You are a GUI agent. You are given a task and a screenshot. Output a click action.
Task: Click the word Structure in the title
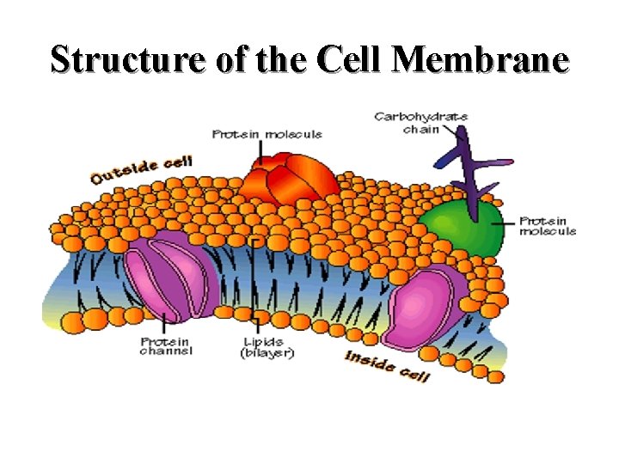[116, 60]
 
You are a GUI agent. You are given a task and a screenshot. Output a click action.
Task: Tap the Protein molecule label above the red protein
[267, 134]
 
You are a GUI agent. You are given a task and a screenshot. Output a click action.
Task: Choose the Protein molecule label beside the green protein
[548, 226]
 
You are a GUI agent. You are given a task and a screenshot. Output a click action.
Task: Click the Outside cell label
[142, 168]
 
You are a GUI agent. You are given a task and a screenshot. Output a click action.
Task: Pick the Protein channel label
[166, 345]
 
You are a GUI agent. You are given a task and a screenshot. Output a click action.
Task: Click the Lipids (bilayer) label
[268, 346]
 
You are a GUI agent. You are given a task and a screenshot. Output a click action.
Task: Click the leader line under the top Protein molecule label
[260, 153]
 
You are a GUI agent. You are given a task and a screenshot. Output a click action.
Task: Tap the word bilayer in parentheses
[268, 352]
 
